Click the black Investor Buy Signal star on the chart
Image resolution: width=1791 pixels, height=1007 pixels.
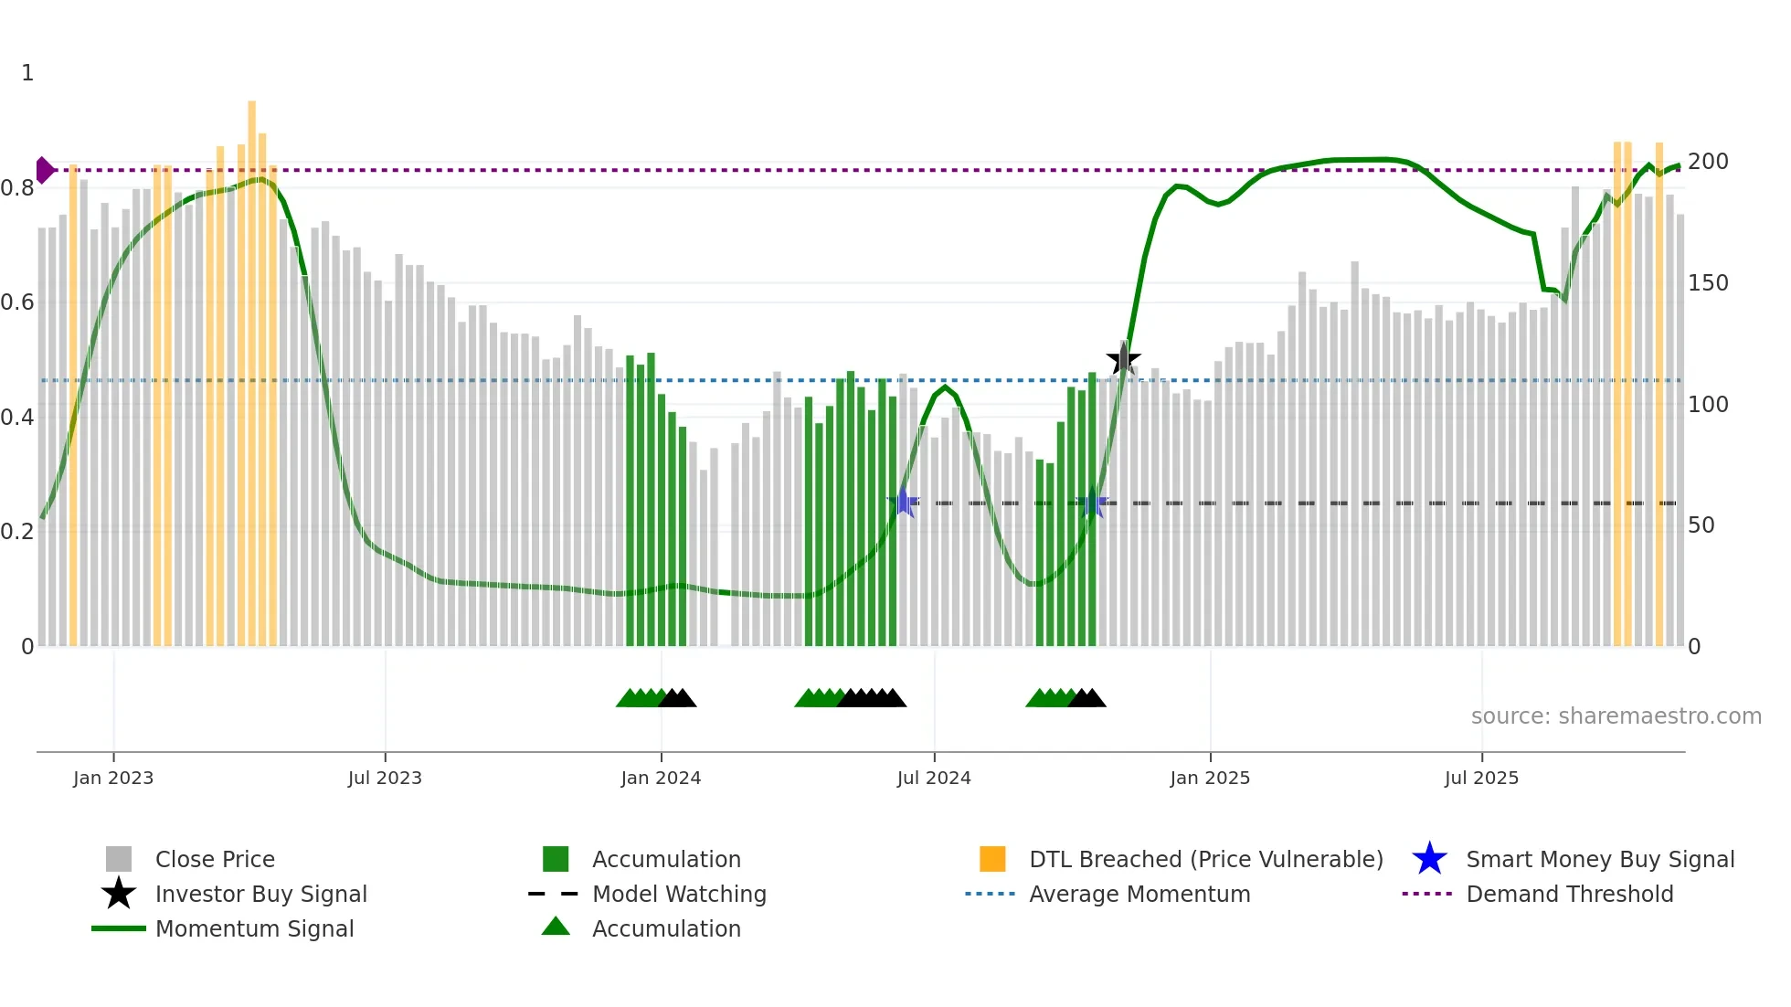pyautogui.click(x=1123, y=359)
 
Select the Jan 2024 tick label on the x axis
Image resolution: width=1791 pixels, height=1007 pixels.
pyautogui.click(x=661, y=778)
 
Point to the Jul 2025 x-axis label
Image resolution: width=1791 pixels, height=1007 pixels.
pyautogui.click(x=1481, y=778)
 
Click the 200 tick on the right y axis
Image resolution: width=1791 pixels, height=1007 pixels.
pyautogui.click(x=1708, y=162)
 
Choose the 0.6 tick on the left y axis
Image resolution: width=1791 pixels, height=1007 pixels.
pyautogui.click(x=17, y=302)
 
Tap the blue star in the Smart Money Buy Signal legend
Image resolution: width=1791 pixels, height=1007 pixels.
pyautogui.click(x=1429, y=859)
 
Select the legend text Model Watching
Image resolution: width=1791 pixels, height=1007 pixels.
pyautogui.click(x=679, y=894)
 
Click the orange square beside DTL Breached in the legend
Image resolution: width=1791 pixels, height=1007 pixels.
pyautogui.click(x=992, y=859)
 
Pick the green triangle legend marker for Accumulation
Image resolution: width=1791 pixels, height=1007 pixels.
pyautogui.click(x=556, y=927)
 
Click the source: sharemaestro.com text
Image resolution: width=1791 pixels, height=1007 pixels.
pyautogui.click(x=1616, y=715)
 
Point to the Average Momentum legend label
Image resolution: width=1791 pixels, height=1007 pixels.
pyautogui.click(x=1139, y=894)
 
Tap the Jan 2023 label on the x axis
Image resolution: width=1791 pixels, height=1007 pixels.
pyautogui.click(x=113, y=778)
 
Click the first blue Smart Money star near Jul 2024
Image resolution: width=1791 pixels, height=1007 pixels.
pyautogui.click(x=903, y=502)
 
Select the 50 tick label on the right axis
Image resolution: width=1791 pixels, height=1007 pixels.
pyautogui.click(x=1701, y=525)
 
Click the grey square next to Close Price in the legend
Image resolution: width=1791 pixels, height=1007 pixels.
pyautogui.click(x=119, y=859)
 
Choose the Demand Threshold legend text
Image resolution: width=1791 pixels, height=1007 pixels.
pyautogui.click(x=1569, y=894)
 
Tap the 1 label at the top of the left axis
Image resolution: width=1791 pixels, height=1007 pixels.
pyautogui.click(x=27, y=73)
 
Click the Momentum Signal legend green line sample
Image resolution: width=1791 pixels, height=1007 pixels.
pyautogui.click(x=119, y=928)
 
